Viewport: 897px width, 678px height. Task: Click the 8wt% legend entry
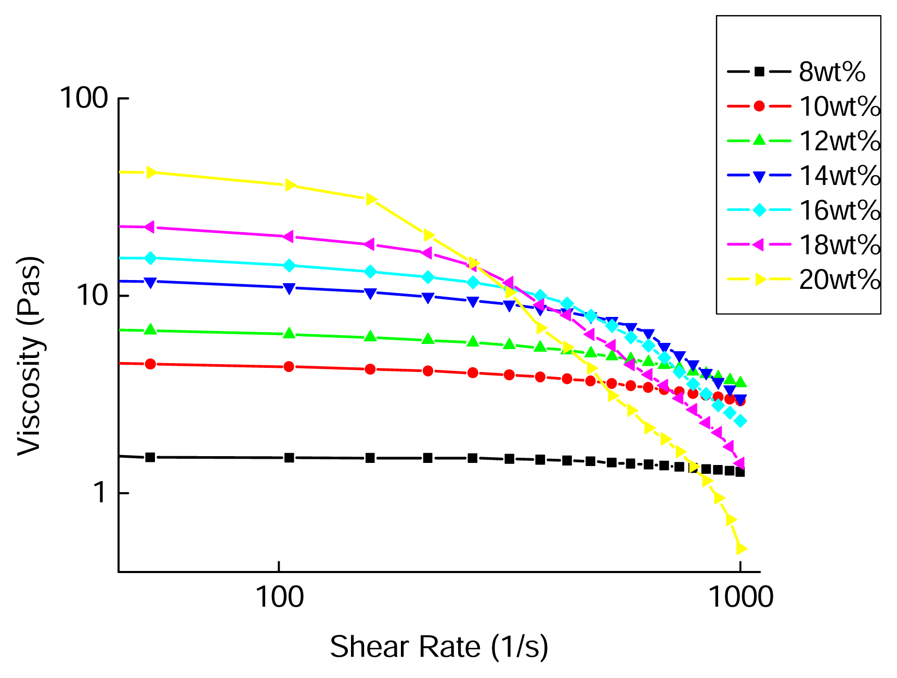tap(831, 72)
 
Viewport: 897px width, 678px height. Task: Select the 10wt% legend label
tap(839, 107)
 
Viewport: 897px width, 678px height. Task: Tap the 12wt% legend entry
tap(839, 141)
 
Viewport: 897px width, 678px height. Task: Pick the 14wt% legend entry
tap(839, 176)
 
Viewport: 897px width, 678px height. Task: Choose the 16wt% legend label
tap(839, 210)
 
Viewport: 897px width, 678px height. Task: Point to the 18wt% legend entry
tap(839, 245)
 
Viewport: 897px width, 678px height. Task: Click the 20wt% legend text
tap(839, 280)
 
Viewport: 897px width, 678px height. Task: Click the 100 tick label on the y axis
tap(84, 98)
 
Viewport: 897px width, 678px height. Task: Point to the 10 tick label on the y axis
tap(92, 296)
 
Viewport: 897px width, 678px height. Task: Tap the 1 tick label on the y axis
tap(100, 493)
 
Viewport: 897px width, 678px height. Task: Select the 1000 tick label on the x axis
tap(741, 597)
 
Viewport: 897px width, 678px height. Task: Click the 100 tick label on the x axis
tap(280, 597)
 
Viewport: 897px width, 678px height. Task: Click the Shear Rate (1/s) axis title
tap(439, 647)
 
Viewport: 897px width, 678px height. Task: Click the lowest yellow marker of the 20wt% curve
tap(741, 549)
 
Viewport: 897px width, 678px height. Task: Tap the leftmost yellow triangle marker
tap(151, 172)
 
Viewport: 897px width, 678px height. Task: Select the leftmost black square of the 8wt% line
tap(150, 457)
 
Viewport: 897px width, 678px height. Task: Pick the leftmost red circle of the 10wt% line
tap(150, 364)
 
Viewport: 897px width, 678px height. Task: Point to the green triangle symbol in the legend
tap(759, 140)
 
